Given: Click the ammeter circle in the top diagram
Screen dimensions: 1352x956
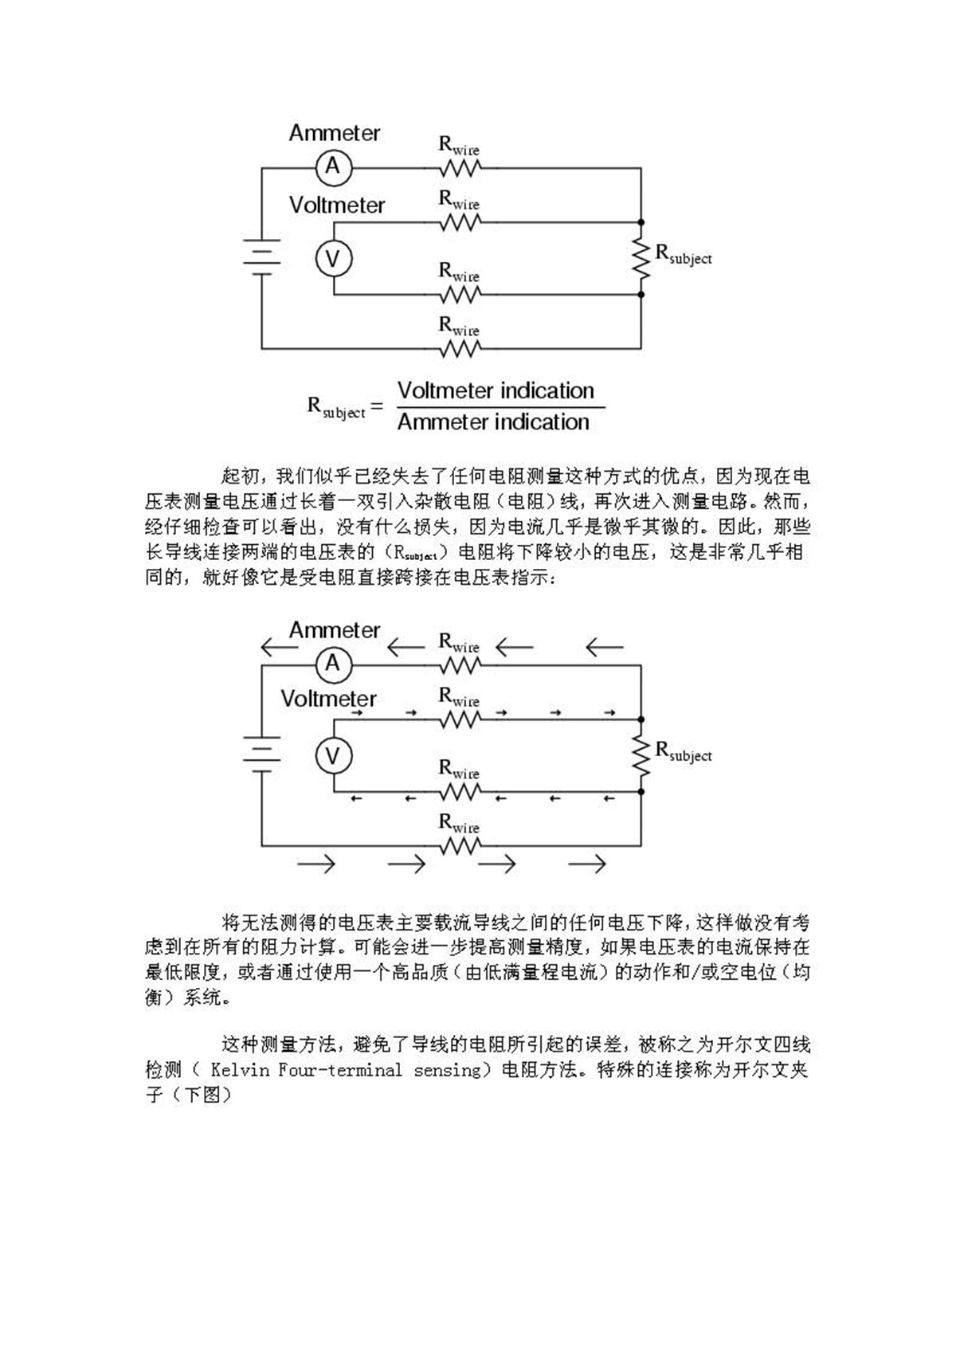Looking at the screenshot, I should [x=333, y=167].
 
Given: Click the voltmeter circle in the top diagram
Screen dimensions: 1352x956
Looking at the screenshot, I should [x=333, y=259].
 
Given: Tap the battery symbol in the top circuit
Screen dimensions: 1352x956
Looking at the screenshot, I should [x=261, y=257].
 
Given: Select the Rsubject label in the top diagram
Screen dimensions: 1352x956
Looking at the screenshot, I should [x=683, y=254].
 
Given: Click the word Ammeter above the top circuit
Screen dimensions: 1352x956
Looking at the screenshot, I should [x=334, y=133].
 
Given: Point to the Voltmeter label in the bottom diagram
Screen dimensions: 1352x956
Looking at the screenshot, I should [x=328, y=699].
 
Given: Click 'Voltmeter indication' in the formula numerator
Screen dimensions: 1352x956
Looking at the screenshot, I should [x=496, y=391].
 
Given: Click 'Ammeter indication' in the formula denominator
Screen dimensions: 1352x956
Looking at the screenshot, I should [x=493, y=422].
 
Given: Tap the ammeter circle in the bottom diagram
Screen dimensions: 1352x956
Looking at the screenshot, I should [x=333, y=664].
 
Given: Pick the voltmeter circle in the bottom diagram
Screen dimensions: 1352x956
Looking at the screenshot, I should [x=333, y=755].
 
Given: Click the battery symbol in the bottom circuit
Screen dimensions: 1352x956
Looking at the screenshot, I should [x=261, y=754].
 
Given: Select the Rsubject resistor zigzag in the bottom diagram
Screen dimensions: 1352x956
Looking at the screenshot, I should [x=641, y=755].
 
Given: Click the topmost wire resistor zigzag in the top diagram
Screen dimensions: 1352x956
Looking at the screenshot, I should [x=460, y=168].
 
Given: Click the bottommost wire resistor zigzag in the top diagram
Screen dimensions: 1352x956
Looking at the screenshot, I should [x=460, y=349].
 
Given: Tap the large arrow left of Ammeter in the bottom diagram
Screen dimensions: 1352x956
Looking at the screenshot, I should [x=279, y=646].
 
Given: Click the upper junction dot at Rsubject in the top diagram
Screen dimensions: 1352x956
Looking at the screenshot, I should [x=641, y=223].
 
